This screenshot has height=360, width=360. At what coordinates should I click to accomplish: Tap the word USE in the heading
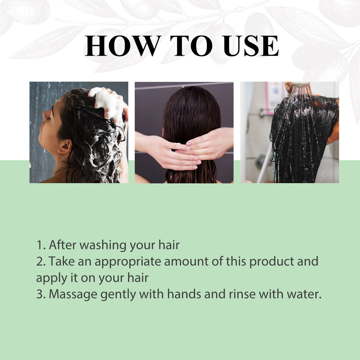coord(251,46)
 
